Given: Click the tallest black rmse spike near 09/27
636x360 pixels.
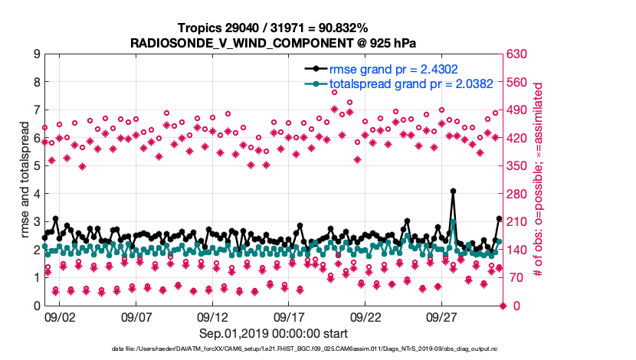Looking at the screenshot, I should coord(454,191).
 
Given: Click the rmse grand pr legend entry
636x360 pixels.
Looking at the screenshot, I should coord(394,69).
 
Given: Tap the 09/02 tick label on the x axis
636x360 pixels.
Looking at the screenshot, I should coord(60,316).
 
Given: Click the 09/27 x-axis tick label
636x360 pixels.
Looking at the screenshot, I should coord(442,316).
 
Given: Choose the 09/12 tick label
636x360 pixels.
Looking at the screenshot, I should coord(212,316).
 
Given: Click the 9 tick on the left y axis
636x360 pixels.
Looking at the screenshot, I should coord(35,54).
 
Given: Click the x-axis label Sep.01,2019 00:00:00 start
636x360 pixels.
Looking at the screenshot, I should coord(274,333).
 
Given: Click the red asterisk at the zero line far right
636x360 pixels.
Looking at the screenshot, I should coord(503,306).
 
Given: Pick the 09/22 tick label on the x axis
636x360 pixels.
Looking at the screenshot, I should coord(366,316).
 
